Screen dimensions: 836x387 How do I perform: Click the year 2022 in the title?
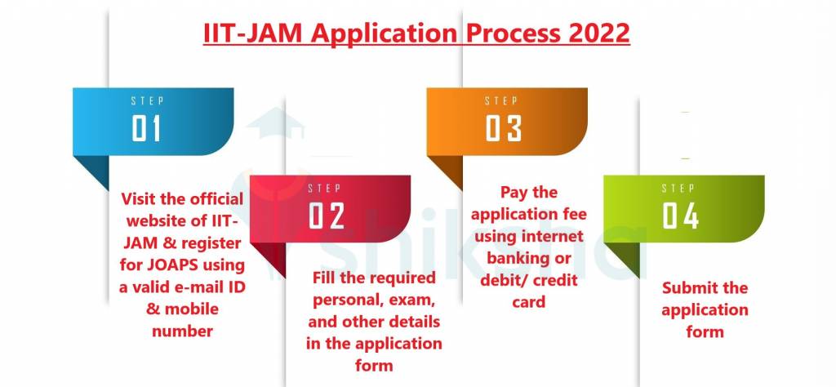click(x=598, y=33)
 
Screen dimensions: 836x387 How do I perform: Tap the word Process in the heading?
click(x=512, y=33)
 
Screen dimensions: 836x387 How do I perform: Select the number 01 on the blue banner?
click(x=146, y=128)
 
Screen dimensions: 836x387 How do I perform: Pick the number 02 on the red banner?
click(x=327, y=216)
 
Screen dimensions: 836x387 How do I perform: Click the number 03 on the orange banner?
click(x=503, y=128)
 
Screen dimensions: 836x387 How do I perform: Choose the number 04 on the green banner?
click(x=680, y=216)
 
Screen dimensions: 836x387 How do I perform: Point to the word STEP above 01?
click(x=147, y=100)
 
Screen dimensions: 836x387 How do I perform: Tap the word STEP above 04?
click(x=678, y=188)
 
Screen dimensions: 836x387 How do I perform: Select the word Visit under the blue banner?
click(x=140, y=199)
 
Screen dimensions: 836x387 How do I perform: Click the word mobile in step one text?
click(x=192, y=309)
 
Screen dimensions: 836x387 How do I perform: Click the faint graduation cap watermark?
click(x=275, y=122)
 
